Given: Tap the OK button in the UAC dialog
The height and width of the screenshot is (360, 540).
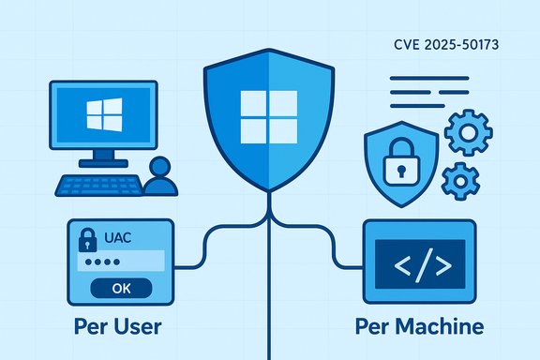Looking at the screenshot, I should coord(121,288).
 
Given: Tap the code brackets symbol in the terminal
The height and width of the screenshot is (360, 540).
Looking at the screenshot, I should coord(421,265).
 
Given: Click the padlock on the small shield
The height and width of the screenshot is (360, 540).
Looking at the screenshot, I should coord(399,165).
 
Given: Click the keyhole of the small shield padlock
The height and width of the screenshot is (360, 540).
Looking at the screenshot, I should coord(399,170).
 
